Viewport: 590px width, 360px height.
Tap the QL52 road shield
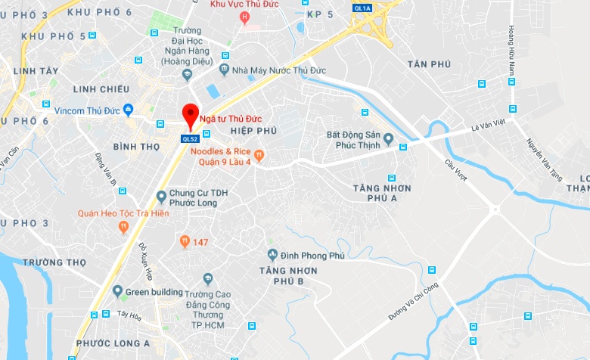tap(190, 138)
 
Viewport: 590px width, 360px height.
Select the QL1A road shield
tap(362, 8)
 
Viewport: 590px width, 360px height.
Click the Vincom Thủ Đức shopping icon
tap(128, 110)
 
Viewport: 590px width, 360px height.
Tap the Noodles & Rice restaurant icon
tap(259, 155)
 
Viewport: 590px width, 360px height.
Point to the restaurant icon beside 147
tap(184, 241)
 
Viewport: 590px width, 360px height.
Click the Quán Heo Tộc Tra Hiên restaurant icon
tap(124, 226)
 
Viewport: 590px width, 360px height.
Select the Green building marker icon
tap(117, 291)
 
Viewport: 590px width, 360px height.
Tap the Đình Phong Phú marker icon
tap(273, 255)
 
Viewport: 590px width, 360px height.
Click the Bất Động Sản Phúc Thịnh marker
tap(388, 139)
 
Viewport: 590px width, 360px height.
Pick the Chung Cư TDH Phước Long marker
tap(161, 197)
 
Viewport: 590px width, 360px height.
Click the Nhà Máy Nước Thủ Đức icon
tap(224, 70)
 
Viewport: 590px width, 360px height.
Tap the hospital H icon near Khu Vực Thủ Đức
tap(244, 17)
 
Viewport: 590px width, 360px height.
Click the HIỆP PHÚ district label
tap(253, 131)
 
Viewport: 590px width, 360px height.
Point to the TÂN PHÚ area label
tap(428, 64)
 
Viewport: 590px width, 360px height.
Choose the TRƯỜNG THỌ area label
tap(54, 262)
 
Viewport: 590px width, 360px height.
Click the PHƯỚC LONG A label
tap(113, 343)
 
